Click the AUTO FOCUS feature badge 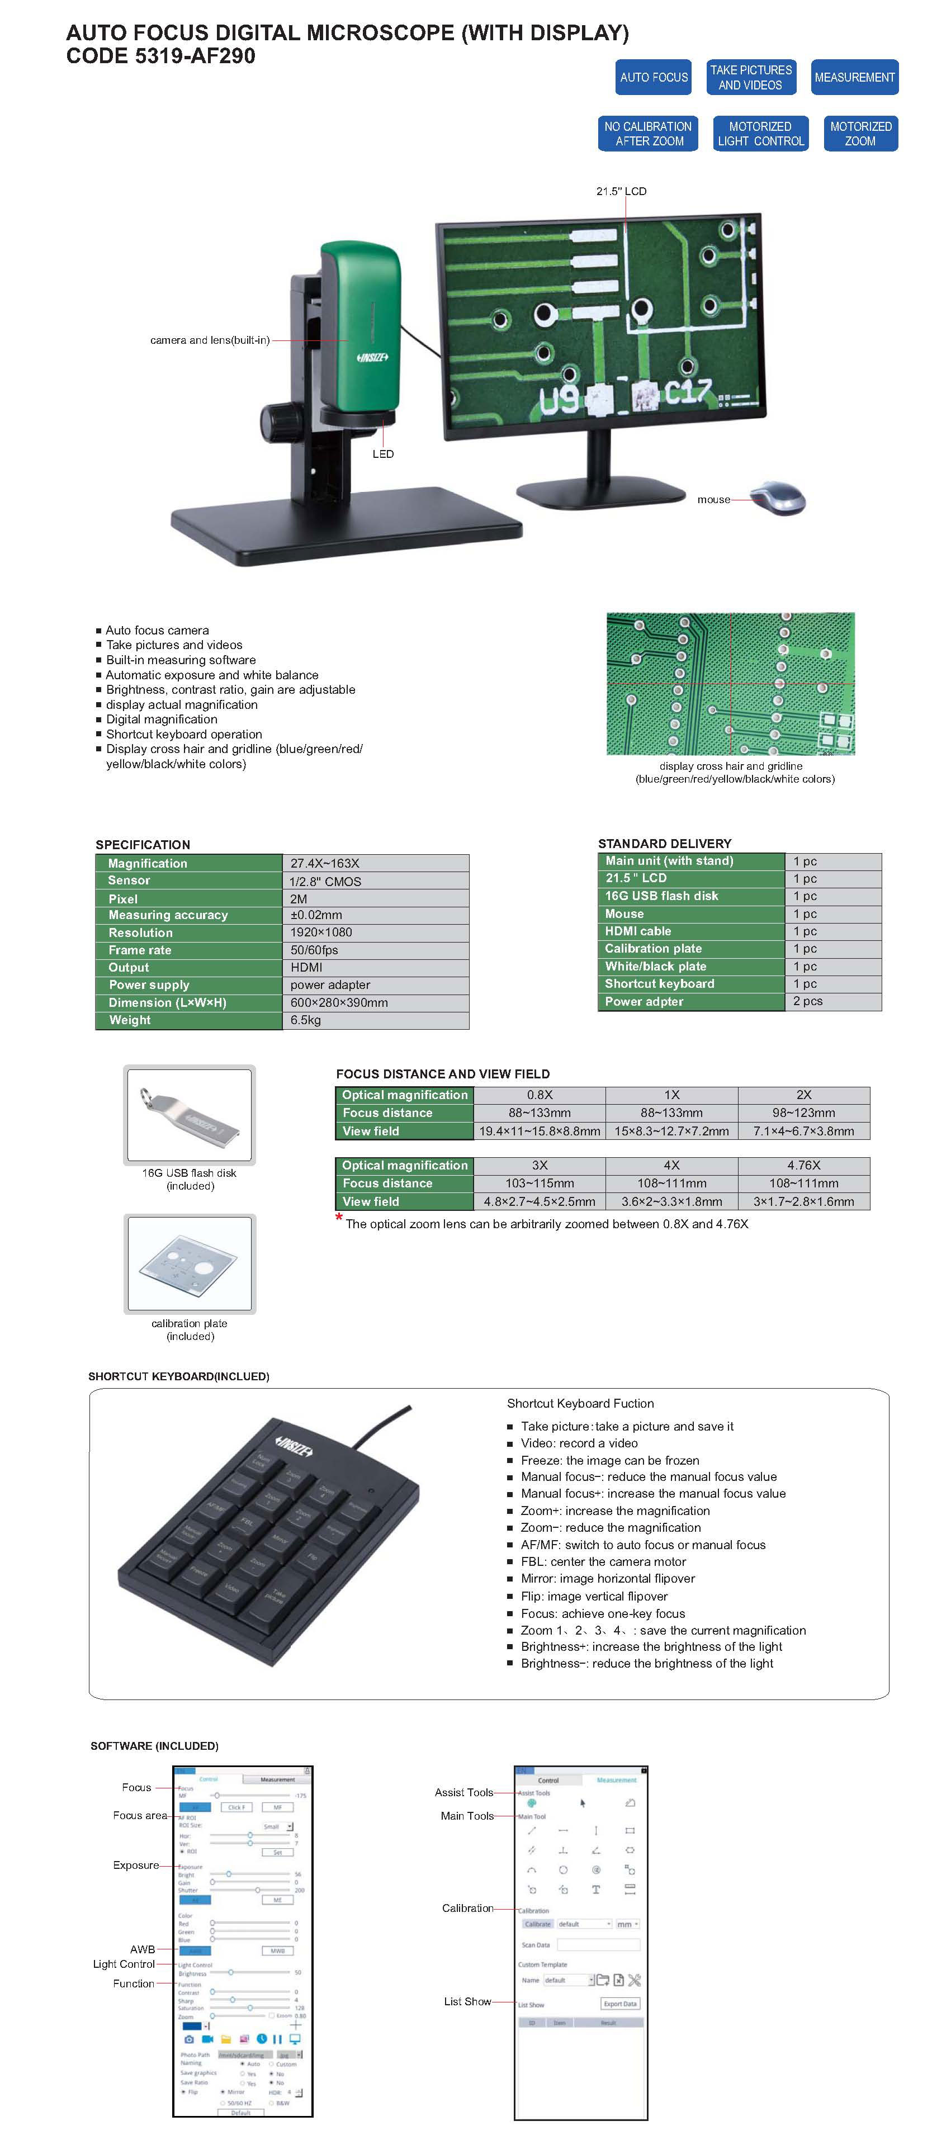[x=653, y=77]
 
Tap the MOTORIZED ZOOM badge [x=860, y=134]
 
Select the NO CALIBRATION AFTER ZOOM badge [x=648, y=134]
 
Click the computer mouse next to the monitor [x=779, y=498]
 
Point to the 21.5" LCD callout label [x=621, y=191]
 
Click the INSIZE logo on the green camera [x=372, y=357]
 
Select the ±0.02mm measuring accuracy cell [x=375, y=915]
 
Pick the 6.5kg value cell [x=375, y=1020]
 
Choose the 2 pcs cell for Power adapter [x=832, y=1001]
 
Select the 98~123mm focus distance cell [x=803, y=1112]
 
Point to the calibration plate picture [x=190, y=1263]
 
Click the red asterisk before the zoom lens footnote [x=339, y=1219]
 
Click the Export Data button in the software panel [x=619, y=2004]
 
